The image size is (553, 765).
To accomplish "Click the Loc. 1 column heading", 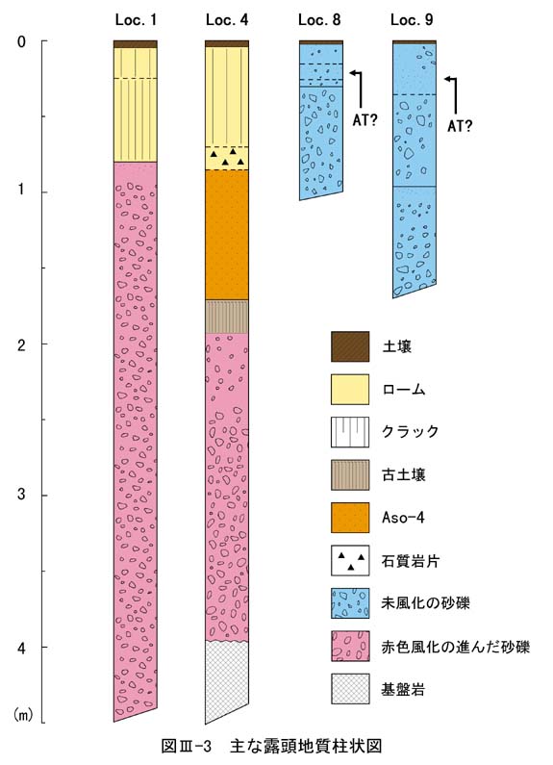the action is [136, 20].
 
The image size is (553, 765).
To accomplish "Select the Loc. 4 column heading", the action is [227, 20].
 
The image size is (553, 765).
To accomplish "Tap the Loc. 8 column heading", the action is [319, 20].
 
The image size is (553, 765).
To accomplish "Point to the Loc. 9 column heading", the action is [412, 20].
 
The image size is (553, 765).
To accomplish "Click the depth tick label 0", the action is [21, 42].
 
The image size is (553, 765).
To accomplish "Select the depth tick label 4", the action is [21, 649].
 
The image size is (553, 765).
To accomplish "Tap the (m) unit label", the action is [23, 715].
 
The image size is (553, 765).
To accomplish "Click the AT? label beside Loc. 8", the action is [364, 120].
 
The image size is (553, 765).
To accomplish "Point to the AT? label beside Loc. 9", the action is [460, 126].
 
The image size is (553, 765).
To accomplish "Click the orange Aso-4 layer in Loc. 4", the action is [227, 235].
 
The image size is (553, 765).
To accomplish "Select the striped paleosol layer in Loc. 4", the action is [227, 317].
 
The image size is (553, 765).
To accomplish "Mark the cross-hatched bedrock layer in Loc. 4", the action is [227, 680].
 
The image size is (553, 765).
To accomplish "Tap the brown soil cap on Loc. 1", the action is [135, 44].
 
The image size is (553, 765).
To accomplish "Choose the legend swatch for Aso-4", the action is [350, 518].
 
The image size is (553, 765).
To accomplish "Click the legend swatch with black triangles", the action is [350, 560].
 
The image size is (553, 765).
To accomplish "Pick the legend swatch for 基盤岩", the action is [350, 689].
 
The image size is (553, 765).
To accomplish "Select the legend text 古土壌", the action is [404, 474].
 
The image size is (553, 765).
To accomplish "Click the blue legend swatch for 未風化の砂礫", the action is [350, 603].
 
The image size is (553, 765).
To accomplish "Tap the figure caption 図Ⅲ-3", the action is [187, 746].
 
